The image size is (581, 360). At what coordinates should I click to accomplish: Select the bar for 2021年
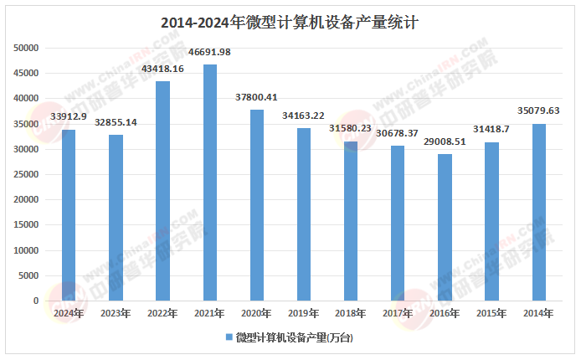tap(210, 183)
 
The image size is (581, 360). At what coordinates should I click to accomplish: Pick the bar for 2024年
tap(69, 215)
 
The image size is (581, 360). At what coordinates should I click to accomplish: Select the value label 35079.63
tap(539, 110)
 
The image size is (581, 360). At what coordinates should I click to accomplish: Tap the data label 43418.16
tap(163, 68)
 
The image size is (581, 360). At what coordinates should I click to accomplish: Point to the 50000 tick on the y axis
tap(27, 48)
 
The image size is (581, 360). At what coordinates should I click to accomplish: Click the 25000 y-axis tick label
tap(27, 174)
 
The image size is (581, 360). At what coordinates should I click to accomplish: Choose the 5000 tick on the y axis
tap(29, 275)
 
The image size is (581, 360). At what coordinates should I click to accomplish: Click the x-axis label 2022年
tap(162, 313)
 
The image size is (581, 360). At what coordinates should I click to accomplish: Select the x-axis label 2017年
tap(398, 313)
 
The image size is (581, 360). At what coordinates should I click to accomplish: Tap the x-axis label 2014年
tap(539, 313)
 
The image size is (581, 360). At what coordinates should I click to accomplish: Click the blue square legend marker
tap(229, 337)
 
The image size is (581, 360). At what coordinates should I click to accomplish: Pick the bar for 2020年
tap(257, 205)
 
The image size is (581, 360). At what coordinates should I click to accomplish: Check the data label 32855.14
tap(116, 122)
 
